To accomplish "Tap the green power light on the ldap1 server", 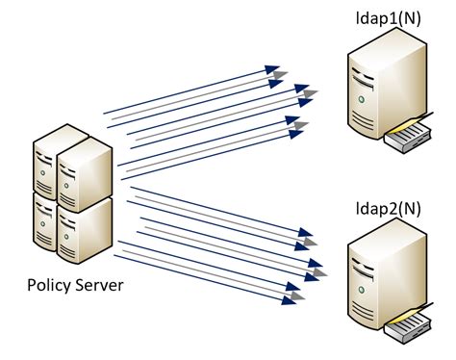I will [361, 98].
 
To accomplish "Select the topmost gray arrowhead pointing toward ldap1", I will [280, 74].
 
